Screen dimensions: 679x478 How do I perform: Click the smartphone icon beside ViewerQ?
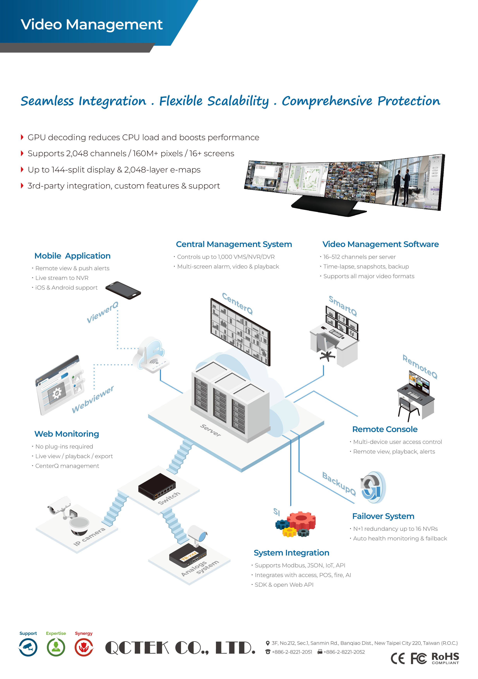coord(123,290)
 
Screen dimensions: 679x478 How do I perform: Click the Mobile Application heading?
coord(72,256)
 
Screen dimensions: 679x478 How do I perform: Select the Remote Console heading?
coord(384,429)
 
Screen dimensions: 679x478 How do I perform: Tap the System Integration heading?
coord(291,553)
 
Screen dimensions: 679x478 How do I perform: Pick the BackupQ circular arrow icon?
coord(373,487)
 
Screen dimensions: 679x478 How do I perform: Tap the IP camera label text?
coord(89,537)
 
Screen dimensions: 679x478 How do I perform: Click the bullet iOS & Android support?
coord(66,288)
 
